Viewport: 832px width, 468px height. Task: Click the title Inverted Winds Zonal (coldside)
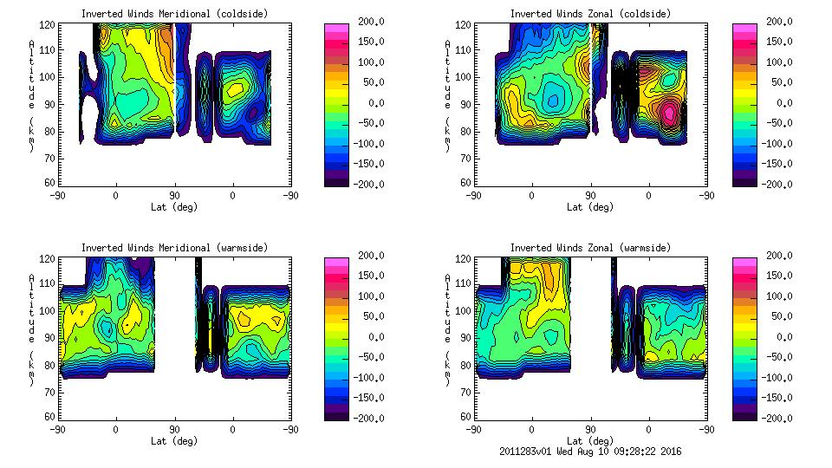point(590,13)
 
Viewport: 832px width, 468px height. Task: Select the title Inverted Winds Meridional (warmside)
point(174,247)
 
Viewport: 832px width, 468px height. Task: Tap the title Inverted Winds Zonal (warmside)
point(590,247)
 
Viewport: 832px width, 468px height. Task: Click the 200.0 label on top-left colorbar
point(370,22)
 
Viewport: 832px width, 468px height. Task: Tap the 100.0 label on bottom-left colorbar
point(370,296)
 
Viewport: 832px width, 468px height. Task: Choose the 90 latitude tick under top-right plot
point(590,196)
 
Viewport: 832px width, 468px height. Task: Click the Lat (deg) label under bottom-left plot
point(174,440)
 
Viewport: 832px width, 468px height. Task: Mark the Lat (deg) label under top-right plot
point(590,206)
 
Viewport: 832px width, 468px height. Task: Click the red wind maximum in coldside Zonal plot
point(669,111)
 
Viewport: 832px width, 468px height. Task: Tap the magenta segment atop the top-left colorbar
point(335,29)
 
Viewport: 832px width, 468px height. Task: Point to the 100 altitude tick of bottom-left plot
point(48,310)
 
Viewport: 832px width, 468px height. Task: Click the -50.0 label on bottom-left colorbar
point(370,357)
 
